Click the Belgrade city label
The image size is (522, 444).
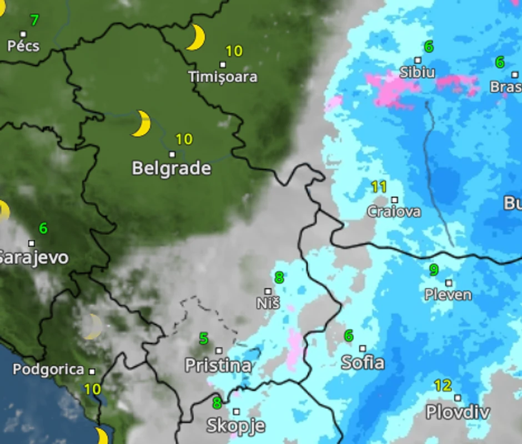click(172, 168)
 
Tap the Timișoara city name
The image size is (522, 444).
click(223, 76)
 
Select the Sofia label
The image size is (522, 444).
click(363, 363)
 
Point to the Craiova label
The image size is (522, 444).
click(394, 212)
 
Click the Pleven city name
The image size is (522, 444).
click(448, 294)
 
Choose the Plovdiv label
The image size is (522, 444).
click(458, 412)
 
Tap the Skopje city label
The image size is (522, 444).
click(235, 426)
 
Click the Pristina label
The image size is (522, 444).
click(218, 365)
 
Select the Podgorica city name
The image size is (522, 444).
click(49, 370)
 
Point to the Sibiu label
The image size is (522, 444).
click(418, 73)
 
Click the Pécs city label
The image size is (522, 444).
click(23, 45)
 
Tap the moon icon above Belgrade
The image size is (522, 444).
click(142, 123)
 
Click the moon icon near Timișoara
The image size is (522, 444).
click(196, 37)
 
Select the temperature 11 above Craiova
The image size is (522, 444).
click(379, 187)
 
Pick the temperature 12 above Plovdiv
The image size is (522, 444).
click(443, 385)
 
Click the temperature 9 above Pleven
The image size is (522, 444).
click(434, 270)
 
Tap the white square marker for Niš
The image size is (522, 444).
click(268, 291)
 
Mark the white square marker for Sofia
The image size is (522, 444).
click(363, 349)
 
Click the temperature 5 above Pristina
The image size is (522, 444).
click(204, 338)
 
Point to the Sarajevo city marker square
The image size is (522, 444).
click(32, 243)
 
